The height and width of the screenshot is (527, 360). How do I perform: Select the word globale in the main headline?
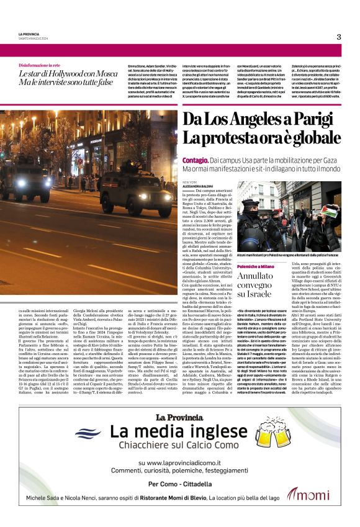[x=308, y=138]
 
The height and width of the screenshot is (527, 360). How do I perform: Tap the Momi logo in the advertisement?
[x=308, y=494]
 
